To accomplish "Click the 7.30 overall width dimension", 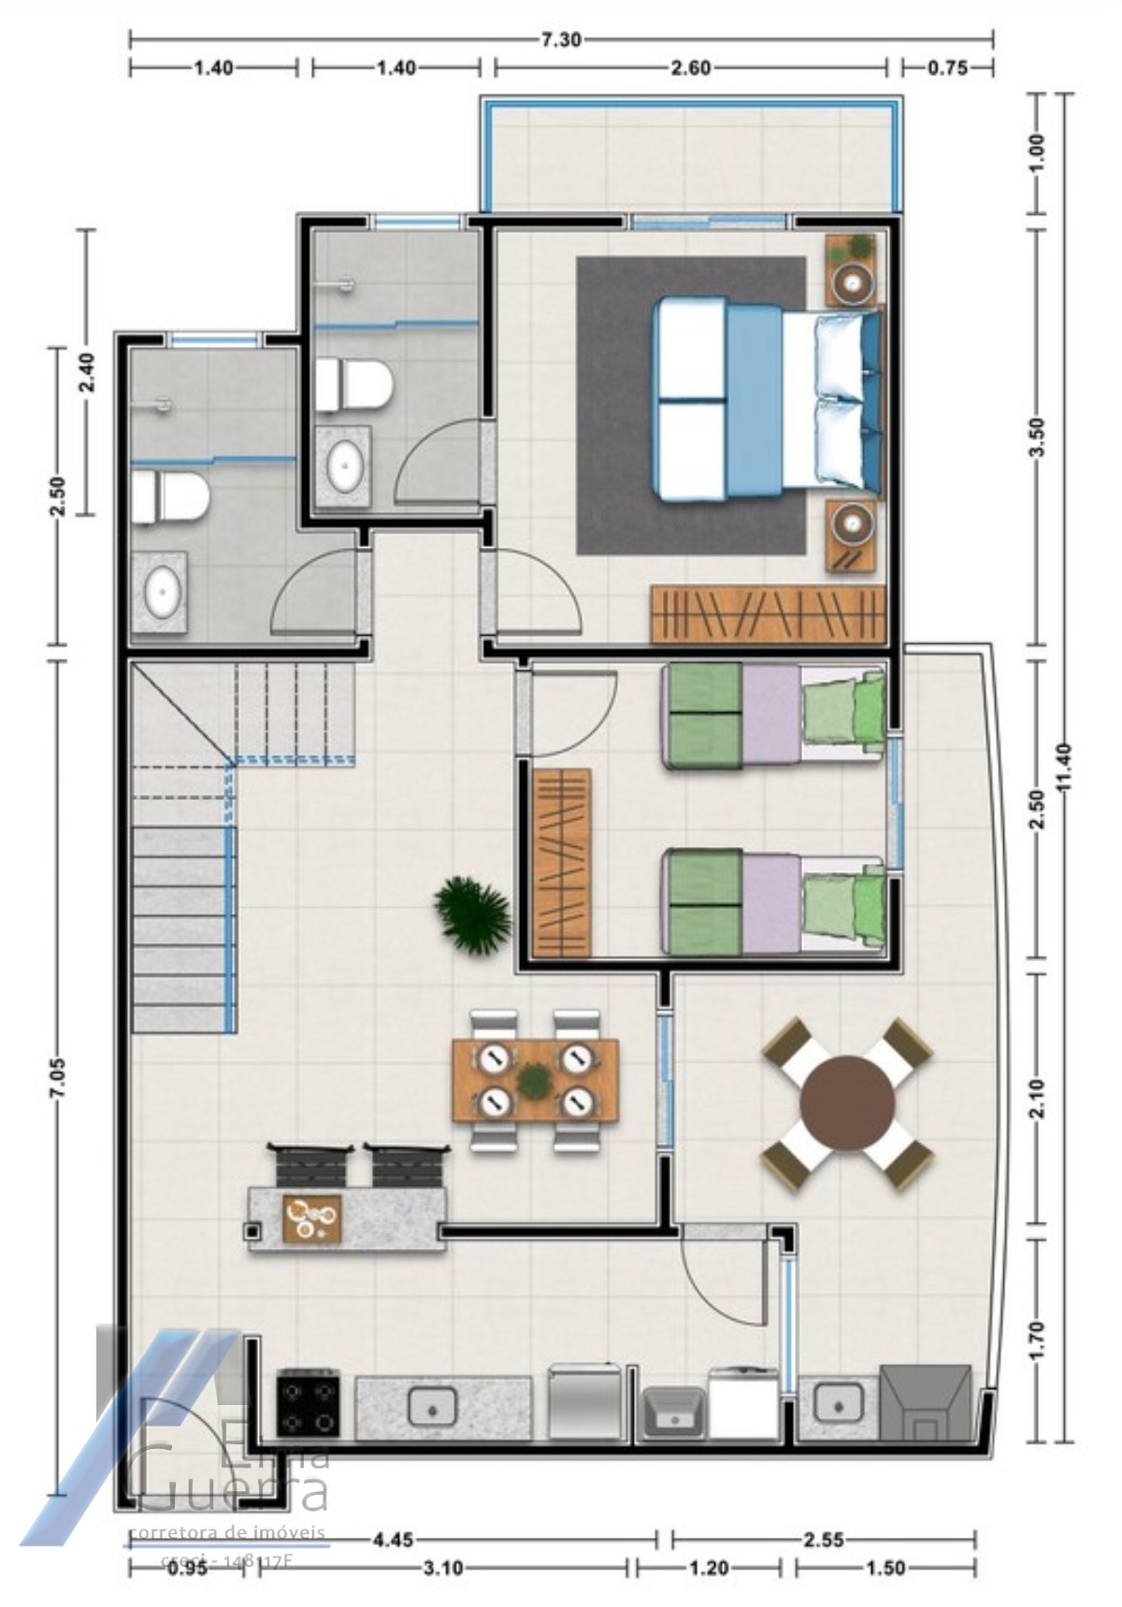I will tap(561, 39).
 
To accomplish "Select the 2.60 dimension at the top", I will tap(690, 67).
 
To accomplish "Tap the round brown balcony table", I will tap(847, 1103).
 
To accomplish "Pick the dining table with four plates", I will tap(534, 1081).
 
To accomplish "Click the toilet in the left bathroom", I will tap(168, 497).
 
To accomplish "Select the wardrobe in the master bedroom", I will tap(767, 614).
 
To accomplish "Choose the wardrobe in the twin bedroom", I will tap(561, 862).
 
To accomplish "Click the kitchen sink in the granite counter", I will tap(433, 1405).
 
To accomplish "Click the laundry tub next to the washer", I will tap(671, 1413).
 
